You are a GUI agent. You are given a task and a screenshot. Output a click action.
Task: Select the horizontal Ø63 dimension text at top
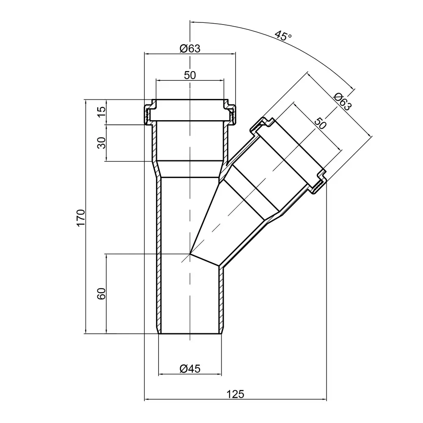190,48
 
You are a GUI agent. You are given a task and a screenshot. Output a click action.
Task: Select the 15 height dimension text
101,113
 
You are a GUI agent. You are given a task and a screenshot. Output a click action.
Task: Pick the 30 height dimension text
101,143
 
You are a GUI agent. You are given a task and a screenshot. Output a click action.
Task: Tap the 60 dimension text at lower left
101,294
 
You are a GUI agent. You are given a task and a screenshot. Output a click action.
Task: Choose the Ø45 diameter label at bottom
190,369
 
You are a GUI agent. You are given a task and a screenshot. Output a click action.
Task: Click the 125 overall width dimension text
236,394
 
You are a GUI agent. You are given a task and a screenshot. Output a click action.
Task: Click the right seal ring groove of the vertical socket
232,113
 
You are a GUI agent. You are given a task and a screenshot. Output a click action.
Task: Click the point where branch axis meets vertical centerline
190,254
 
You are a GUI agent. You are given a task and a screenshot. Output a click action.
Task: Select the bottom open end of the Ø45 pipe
190,334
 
